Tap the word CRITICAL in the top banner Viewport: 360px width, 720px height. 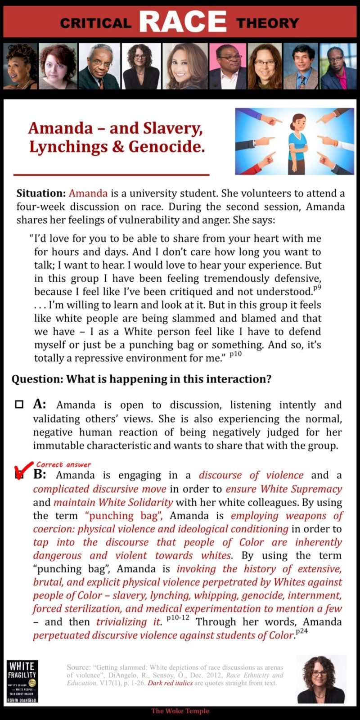[95, 23]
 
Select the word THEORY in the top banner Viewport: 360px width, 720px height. [267, 23]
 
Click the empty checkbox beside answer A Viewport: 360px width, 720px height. [19, 404]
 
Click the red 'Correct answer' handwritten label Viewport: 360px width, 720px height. [63, 464]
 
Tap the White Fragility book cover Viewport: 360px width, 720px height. [22, 681]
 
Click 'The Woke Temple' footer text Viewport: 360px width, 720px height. [180, 711]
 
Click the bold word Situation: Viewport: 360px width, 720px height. [41, 193]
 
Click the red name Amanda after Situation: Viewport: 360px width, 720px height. [88, 193]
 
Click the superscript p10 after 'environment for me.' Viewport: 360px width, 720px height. [235, 354]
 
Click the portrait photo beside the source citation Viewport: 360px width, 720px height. [321, 679]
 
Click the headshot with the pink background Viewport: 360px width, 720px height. [228, 66]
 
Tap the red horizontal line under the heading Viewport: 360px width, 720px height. [112, 174]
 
